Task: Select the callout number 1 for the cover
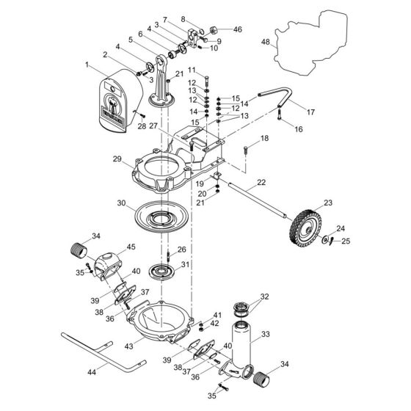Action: (x=87, y=66)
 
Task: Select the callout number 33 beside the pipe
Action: (x=266, y=334)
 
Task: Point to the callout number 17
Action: (x=310, y=112)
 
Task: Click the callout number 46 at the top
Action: (x=236, y=29)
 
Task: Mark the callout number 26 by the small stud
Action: (x=181, y=250)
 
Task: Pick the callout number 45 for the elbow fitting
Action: (x=132, y=247)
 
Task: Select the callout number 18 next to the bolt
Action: (x=264, y=138)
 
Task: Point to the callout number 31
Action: (x=185, y=265)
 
